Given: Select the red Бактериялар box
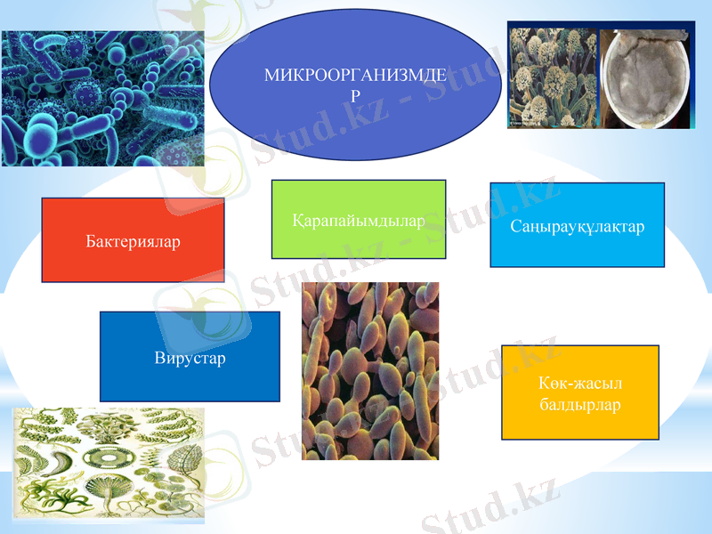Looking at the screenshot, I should [133, 240].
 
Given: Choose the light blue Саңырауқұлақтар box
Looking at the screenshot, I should [577, 225].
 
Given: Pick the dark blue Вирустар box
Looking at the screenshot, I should [190, 356].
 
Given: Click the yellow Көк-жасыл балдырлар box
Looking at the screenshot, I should [579, 392].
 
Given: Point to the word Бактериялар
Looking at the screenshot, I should [133, 241].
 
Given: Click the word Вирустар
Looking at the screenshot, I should [190, 358].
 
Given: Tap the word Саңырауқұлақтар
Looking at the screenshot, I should [577, 226].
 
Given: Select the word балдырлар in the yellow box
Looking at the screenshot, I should [579, 405].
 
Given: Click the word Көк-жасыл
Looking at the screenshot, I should [579, 383].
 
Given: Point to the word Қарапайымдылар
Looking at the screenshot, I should [358, 220].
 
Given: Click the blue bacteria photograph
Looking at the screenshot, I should [102, 98].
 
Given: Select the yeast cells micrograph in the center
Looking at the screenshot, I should [370, 371].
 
